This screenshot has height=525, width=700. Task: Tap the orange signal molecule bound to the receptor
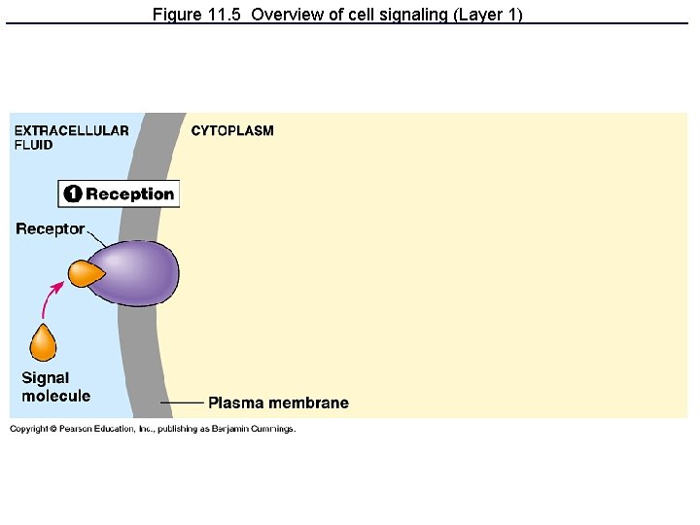click(x=85, y=273)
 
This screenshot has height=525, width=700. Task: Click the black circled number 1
click(x=73, y=194)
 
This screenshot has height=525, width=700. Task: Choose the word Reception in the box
click(x=129, y=194)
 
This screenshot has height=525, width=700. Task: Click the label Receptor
click(x=50, y=229)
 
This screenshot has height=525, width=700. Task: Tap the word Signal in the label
click(x=45, y=378)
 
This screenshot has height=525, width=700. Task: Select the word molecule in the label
click(x=55, y=396)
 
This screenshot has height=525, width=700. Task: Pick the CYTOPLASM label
click(x=232, y=131)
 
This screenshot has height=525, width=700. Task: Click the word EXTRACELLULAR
click(x=71, y=131)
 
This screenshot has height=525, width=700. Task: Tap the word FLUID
click(x=33, y=146)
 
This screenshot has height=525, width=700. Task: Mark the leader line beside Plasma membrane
click(x=182, y=402)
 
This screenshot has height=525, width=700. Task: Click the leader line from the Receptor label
click(x=98, y=238)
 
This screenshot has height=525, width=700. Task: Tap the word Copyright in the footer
click(x=27, y=429)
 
